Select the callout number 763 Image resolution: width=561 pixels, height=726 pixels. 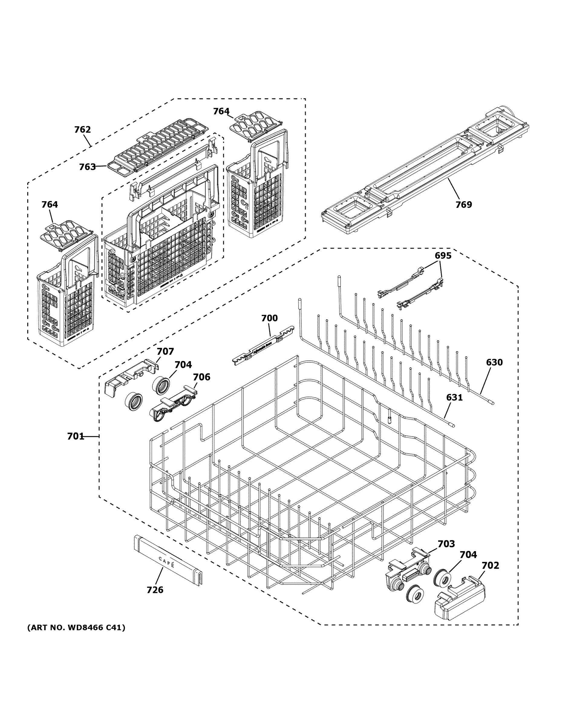[87, 167]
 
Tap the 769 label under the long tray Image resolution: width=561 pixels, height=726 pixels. [464, 204]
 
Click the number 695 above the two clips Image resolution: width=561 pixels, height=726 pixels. [443, 256]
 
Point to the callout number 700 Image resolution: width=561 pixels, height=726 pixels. [269, 318]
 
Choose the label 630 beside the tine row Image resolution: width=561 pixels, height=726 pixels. [494, 362]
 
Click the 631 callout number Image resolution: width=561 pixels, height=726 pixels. [454, 397]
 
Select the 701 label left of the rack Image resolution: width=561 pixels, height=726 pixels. [75, 436]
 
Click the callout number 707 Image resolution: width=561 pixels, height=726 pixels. [165, 352]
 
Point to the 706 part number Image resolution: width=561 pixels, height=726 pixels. [202, 377]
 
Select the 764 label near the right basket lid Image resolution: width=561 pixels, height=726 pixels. [221, 111]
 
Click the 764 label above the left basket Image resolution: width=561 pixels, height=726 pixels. [50, 204]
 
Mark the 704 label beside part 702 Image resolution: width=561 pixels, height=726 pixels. [468, 554]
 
